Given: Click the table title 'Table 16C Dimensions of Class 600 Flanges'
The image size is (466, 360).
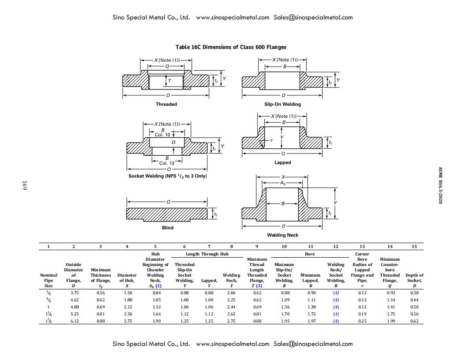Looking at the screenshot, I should click(231, 47).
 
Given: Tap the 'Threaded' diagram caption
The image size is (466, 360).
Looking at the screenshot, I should click(166, 104).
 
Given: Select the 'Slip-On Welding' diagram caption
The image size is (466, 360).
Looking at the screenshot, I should click(282, 104).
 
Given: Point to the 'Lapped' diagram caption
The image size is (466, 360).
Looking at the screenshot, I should click(282, 162).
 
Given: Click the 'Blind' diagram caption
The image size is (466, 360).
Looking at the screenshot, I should click(167, 228).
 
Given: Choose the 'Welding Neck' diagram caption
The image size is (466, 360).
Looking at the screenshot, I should click(282, 235).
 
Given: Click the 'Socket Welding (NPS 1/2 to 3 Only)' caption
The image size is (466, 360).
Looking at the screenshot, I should click(167, 176).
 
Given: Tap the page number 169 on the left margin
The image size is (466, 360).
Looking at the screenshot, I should click(25, 185).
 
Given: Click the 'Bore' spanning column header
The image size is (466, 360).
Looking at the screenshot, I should click(310, 254).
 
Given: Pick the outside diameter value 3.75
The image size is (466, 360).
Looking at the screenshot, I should click(74, 292).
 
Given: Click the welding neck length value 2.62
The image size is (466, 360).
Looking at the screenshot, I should click(231, 314).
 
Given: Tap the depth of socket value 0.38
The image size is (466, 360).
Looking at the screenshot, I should click(414, 292).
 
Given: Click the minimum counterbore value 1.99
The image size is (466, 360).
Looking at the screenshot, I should click(390, 321).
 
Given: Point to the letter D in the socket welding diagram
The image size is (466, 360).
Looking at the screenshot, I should click(173, 142).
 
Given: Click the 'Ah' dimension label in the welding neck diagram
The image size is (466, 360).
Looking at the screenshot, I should click(282, 183).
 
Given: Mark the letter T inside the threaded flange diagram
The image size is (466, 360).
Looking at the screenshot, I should click(169, 81).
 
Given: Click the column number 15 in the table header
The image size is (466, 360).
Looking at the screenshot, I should click(414, 246).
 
